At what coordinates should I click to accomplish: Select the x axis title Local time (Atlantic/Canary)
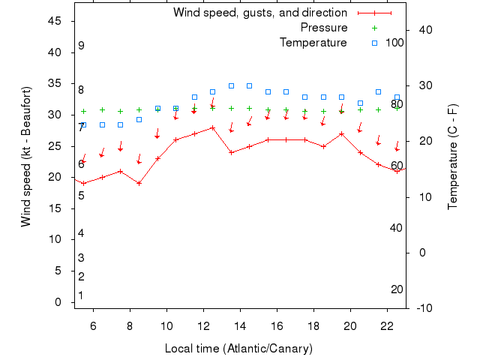tap(238, 349)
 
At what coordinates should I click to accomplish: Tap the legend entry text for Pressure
tap(324, 28)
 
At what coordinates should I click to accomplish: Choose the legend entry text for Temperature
tap(313, 43)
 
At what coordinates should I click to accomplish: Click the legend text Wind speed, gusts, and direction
tap(260, 13)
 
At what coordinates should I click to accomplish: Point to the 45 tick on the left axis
tap(54, 21)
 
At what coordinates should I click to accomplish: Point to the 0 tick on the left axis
tap(58, 302)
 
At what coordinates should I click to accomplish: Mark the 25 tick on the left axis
tap(54, 146)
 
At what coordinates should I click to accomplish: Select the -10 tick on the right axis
tap(421, 308)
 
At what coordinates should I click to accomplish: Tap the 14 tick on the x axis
tap(240, 325)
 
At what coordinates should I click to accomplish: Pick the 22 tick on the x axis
tap(387, 325)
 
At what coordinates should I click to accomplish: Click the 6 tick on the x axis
tap(94, 325)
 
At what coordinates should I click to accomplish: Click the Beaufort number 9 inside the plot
tap(81, 46)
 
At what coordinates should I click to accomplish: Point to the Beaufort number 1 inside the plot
tap(81, 295)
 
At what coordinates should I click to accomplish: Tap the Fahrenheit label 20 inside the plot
tap(397, 289)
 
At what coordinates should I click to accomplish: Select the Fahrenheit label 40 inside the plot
tap(397, 228)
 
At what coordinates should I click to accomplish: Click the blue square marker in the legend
tap(374, 43)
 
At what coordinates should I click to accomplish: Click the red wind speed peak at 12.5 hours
tap(212, 127)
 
